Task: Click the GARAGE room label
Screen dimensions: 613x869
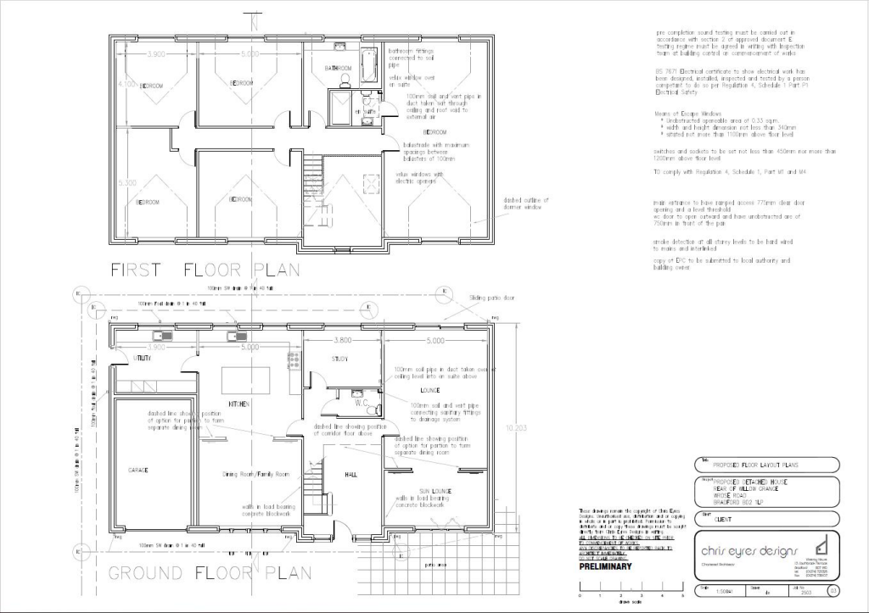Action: coord(138,469)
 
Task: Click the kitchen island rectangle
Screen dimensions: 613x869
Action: coord(246,376)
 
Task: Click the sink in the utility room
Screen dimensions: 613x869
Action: coord(159,337)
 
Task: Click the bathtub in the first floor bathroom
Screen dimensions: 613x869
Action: coord(369,65)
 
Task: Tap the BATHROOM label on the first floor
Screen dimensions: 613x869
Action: coord(338,68)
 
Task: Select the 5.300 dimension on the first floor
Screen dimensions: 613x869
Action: coord(128,182)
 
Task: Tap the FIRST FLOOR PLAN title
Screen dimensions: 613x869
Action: coord(205,270)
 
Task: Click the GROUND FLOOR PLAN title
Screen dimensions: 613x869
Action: coord(209,572)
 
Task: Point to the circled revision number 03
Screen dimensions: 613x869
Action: coord(833,590)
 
